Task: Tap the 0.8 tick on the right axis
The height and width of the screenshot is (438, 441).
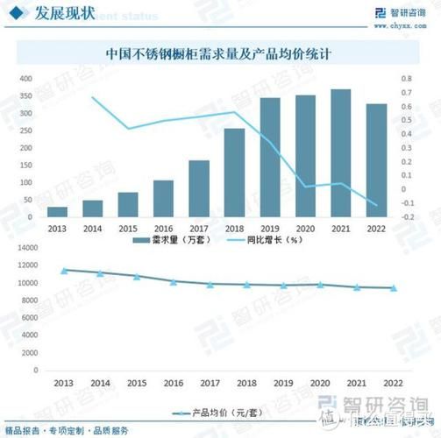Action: [406, 79]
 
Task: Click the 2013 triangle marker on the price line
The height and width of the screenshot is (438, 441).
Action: [64, 271]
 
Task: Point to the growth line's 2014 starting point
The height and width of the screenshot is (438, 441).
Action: [93, 97]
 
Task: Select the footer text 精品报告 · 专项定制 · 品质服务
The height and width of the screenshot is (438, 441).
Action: [67, 430]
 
